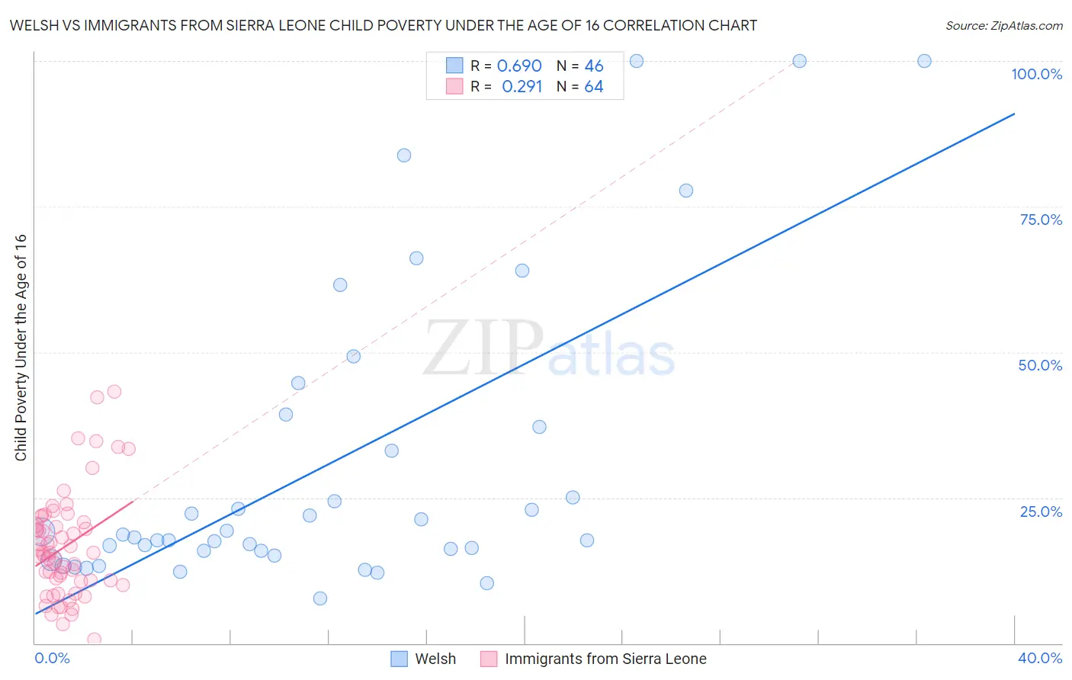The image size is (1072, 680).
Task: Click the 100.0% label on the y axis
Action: [1036, 74]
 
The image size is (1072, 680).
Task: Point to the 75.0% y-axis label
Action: [1041, 220]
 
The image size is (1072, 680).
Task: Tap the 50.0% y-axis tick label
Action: [1040, 365]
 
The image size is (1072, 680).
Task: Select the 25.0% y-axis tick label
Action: [1041, 512]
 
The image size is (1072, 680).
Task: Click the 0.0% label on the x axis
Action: [52, 658]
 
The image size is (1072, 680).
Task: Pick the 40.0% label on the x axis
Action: [1040, 658]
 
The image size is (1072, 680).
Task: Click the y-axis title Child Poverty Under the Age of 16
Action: [21, 347]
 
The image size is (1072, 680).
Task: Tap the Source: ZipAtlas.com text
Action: [1003, 26]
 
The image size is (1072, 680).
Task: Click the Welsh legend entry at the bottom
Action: [435, 659]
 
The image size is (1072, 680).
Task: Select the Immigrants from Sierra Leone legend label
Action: [605, 659]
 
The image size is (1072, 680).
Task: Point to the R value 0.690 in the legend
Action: [519, 66]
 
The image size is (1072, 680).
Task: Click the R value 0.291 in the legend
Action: [522, 87]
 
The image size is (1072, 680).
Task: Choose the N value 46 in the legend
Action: [594, 66]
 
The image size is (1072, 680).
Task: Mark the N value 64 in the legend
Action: [594, 87]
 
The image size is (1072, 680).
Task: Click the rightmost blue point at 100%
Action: [924, 61]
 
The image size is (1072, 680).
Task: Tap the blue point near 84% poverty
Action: [404, 156]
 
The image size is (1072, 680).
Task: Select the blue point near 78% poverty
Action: [686, 191]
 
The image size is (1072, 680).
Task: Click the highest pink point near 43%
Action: [114, 392]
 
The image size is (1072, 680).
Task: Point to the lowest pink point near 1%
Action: [95, 639]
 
